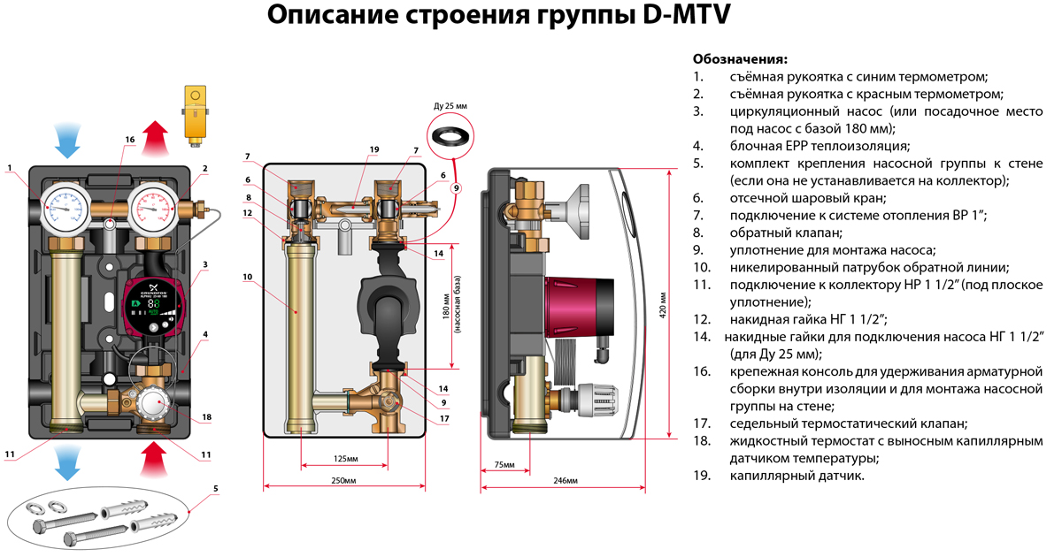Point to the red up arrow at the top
[x=157, y=138]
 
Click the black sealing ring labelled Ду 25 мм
[x=450, y=137]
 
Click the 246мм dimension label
[x=564, y=480]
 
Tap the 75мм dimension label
[x=504, y=464]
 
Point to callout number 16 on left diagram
[x=129, y=140]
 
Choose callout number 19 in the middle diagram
[x=374, y=149]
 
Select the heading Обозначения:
[x=740, y=59]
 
